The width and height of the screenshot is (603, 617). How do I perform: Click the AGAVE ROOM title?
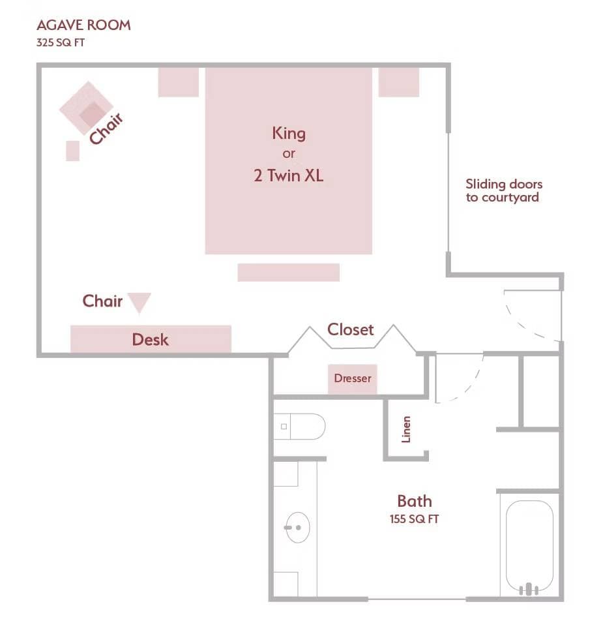pos(83,25)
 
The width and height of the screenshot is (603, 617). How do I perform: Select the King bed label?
pos(289,134)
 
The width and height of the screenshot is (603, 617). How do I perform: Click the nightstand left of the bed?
pos(178,82)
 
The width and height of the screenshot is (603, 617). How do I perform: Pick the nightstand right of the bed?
pos(398,82)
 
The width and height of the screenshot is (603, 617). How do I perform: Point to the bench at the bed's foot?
pos(288,273)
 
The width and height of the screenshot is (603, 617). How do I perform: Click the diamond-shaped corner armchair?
pos(87,108)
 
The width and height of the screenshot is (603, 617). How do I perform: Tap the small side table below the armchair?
pos(72,151)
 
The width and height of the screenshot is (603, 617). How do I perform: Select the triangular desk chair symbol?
pos(140,302)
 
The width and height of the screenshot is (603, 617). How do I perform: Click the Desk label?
pos(150,339)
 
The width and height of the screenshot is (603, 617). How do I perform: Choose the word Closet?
pos(351,329)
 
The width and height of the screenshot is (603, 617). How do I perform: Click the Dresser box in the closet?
pos(352,379)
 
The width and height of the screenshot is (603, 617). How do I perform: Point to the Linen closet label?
pos(406,429)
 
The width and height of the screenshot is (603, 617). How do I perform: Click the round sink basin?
pos(297,527)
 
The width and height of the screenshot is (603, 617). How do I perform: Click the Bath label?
pos(415,501)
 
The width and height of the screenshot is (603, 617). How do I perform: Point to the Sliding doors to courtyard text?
pos(503,190)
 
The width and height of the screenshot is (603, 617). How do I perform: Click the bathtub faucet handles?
pos(529,588)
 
